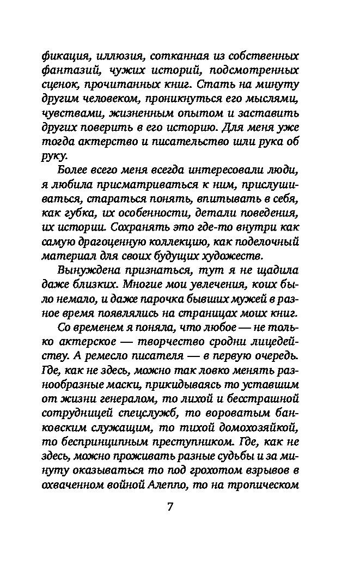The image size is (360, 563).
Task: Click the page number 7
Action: pyautogui.click(x=169, y=506)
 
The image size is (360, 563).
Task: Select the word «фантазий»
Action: pyautogui.click(x=62, y=70)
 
